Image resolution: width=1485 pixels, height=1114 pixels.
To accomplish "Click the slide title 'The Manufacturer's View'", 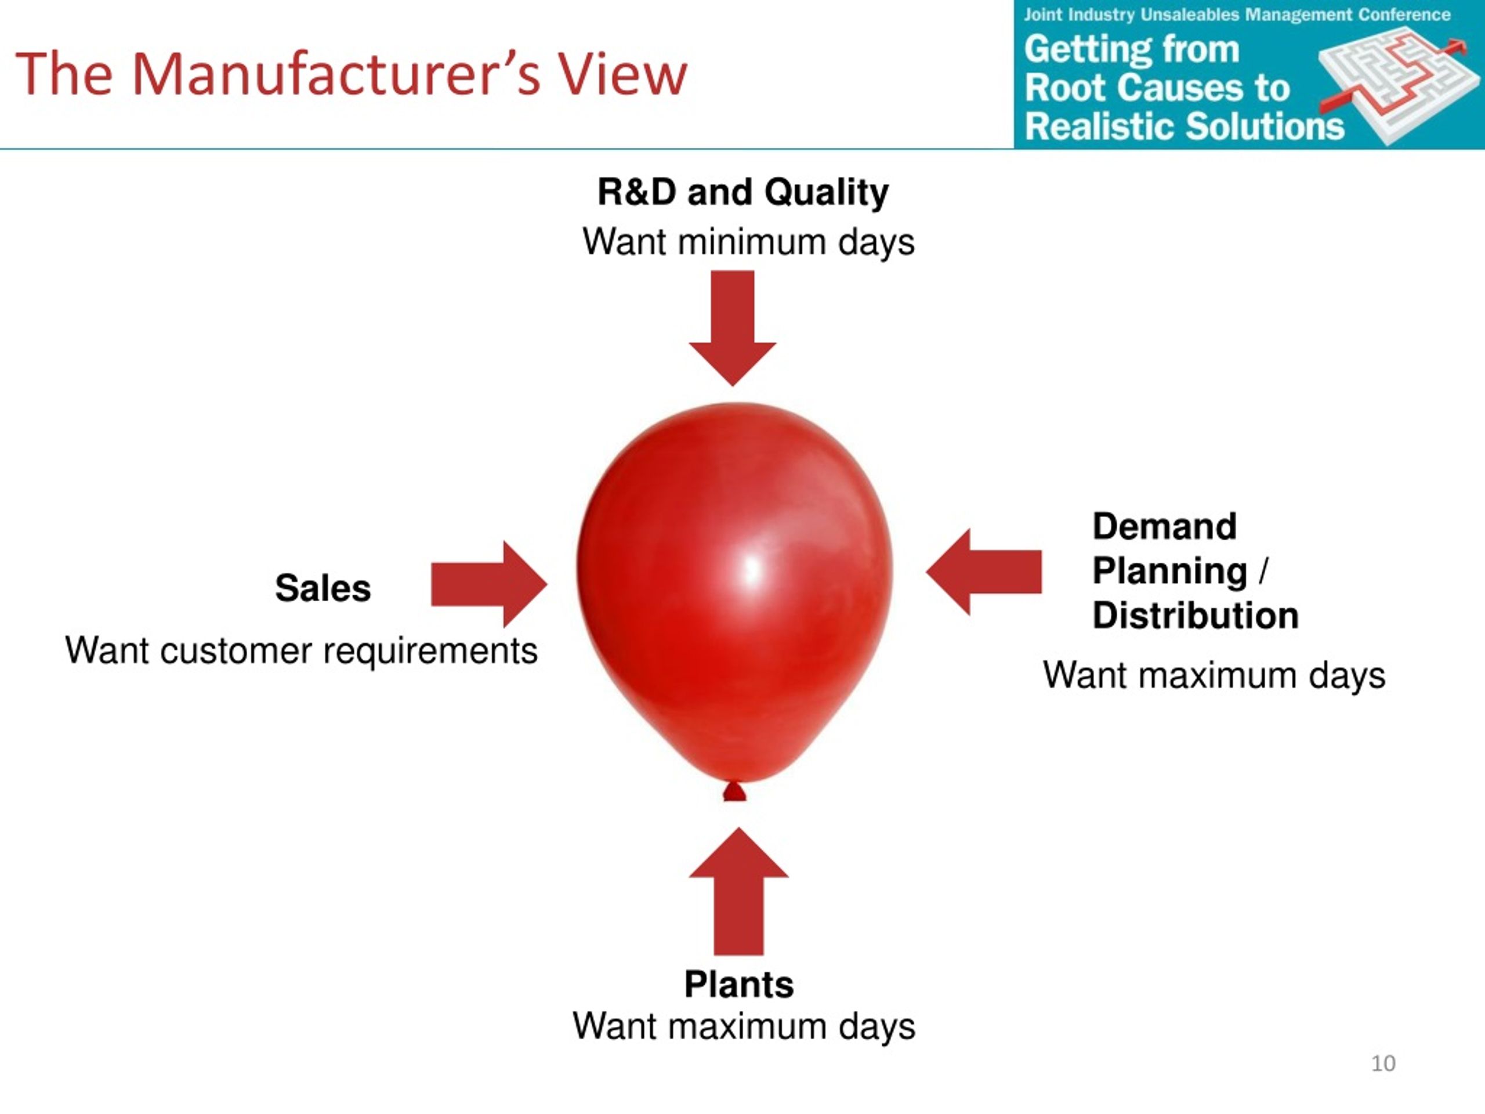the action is click(351, 74).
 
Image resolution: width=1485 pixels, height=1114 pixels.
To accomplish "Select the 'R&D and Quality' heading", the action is click(742, 193).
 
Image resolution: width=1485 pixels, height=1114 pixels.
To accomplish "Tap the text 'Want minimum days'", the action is click(748, 243).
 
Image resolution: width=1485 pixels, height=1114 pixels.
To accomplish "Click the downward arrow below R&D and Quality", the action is click(733, 328).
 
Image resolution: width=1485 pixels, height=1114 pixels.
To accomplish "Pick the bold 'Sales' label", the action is click(323, 588).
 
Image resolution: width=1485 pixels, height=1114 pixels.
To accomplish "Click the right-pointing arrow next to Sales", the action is click(489, 584).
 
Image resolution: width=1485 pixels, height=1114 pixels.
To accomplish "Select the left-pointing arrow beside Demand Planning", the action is click(983, 572).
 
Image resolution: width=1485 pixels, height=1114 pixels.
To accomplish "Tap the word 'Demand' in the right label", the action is click(1164, 526).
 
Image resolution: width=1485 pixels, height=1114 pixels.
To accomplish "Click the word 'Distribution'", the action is click(1196, 616).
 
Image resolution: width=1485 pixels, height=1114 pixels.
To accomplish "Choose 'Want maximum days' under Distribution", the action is click(1214, 675).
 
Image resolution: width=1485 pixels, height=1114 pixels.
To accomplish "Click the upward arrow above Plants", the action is click(738, 891).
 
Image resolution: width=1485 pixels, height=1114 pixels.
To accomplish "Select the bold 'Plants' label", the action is click(738, 985).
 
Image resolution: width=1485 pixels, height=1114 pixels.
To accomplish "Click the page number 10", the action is click(1383, 1064).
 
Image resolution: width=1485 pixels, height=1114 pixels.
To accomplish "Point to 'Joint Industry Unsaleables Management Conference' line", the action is click(1237, 15).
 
